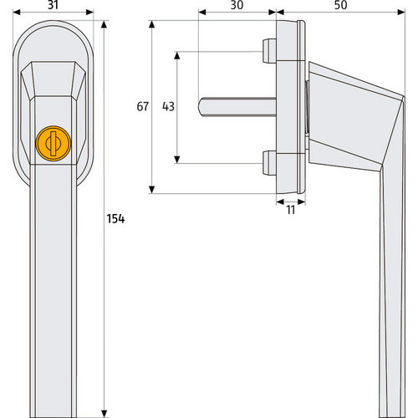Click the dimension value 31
click(x=53, y=5)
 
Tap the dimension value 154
click(x=115, y=219)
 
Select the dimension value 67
click(x=143, y=106)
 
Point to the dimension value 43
click(x=168, y=106)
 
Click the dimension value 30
click(x=237, y=5)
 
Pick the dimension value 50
click(x=340, y=5)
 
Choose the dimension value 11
click(x=291, y=210)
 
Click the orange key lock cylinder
click(x=54, y=144)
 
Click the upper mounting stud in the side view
click(x=269, y=51)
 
